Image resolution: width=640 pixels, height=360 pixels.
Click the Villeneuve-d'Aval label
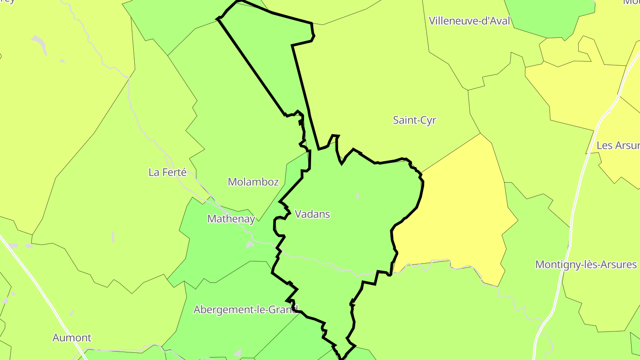coord(469,21)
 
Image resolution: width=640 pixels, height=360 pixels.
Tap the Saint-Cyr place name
coord(414,120)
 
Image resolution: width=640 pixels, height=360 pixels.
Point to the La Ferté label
coord(168,172)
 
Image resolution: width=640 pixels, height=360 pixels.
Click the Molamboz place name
coord(253,182)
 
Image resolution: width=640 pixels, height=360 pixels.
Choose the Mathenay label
coord(231,219)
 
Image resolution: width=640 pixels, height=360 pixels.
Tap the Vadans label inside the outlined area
coord(312,214)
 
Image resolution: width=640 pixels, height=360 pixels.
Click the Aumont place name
coord(72,338)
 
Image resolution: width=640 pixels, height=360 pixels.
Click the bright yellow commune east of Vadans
coord(458,213)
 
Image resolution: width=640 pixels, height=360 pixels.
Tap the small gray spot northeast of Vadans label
coord(358,196)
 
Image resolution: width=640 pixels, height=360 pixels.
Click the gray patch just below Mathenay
coord(250,244)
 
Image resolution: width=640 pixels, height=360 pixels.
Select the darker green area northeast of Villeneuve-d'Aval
coord(551,18)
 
